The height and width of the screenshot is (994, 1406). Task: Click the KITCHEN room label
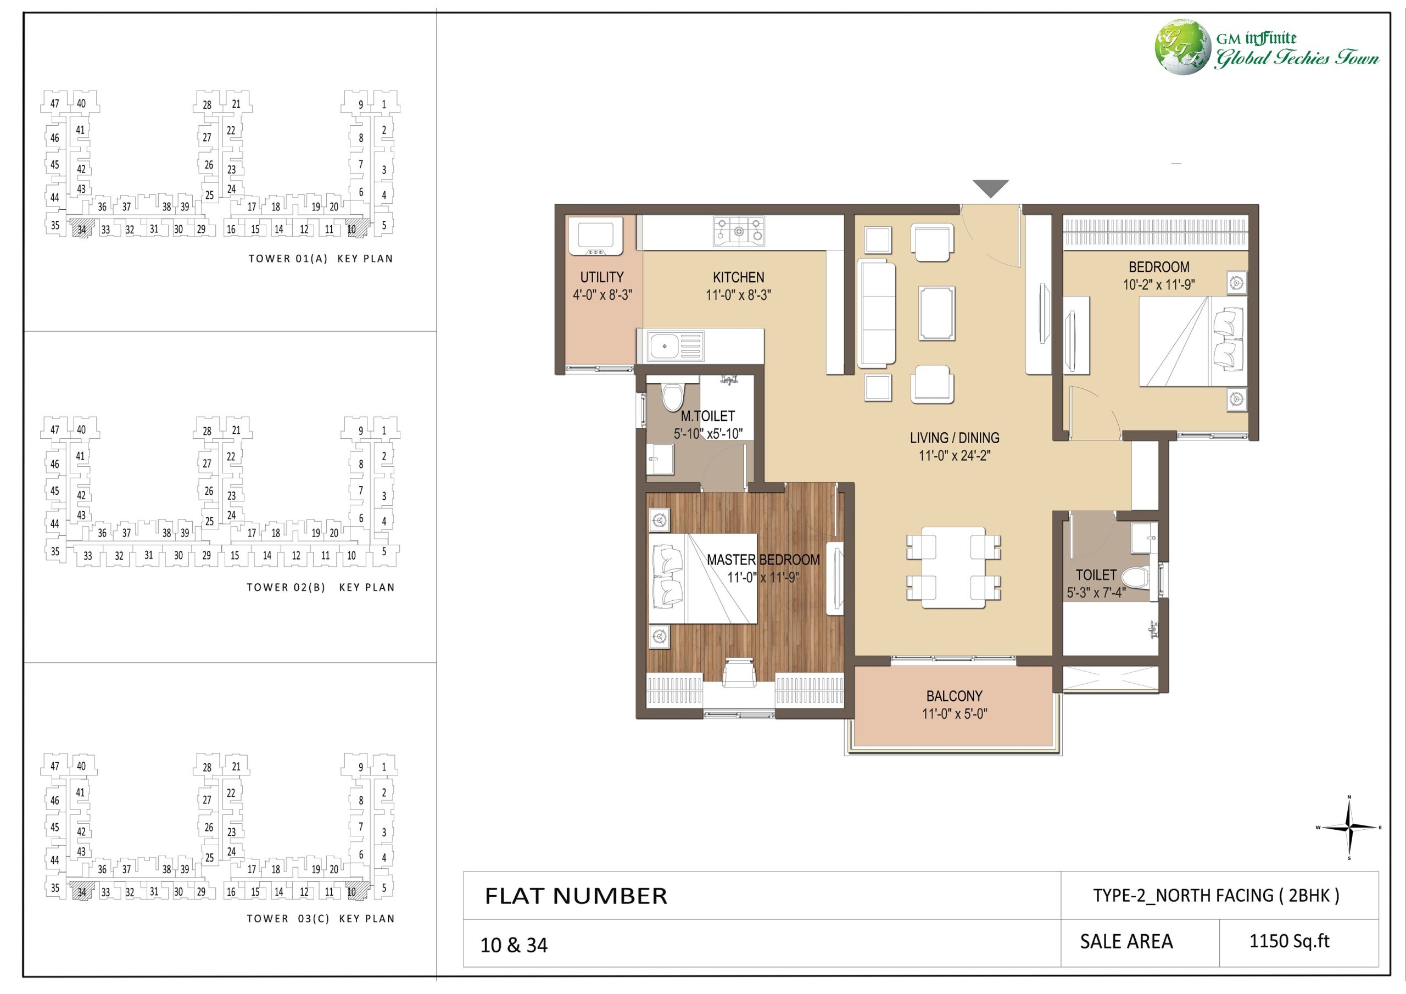pos(738,277)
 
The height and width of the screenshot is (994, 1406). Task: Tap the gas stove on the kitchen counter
pos(739,231)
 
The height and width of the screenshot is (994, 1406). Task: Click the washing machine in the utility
pos(595,237)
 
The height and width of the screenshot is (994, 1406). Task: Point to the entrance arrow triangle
pos(990,188)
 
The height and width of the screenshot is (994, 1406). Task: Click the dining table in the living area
pos(954,567)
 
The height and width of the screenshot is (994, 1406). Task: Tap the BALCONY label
pos(954,696)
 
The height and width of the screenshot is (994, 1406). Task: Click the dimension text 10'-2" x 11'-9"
pos(1159,285)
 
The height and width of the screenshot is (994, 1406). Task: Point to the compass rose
pos(1349,828)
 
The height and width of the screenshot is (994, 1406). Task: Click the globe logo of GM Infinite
pos(1182,47)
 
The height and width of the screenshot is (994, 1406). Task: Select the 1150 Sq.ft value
pos(1289,941)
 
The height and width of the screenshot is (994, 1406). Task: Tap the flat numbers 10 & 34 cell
pos(514,945)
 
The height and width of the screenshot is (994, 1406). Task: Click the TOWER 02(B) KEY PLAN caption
pos(320,587)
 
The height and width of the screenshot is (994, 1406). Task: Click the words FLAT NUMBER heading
pos(576,896)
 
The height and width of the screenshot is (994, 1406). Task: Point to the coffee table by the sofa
pos(936,313)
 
